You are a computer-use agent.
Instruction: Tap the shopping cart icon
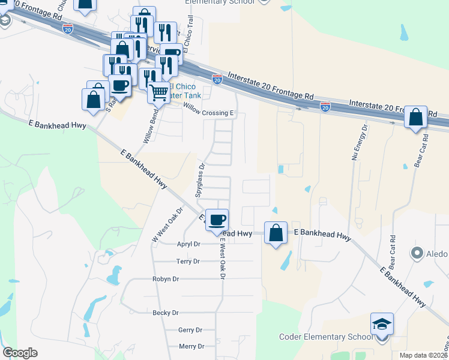pyautogui.click(x=158, y=93)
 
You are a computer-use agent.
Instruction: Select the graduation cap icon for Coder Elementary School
pyautogui.click(x=382, y=325)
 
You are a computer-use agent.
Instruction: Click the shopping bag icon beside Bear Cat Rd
pyautogui.click(x=415, y=117)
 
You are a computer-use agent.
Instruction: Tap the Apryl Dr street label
pyautogui.click(x=188, y=244)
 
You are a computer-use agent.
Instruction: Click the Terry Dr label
pyautogui.click(x=188, y=262)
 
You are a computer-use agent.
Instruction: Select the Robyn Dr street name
pyautogui.click(x=166, y=279)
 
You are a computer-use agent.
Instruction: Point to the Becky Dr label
pyautogui.click(x=166, y=313)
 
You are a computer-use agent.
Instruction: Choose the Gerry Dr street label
pyautogui.click(x=190, y=330)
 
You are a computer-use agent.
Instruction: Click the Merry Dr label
pyautogui.click(x=191, y=346)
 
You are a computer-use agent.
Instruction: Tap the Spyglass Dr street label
pyautogui.click(x=200, y=181)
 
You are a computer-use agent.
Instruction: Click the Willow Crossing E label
pyautogui.click(x=208, y=112)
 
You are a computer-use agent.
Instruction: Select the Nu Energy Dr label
pyautogui.click(x=358, y=142)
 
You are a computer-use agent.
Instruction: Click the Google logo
pyautogui.click(x=20, y=353)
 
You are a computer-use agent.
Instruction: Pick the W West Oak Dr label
pyautogui.click(x=167, y=224)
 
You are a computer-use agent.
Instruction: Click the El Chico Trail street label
pyautogui.click(x=191, y=30)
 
